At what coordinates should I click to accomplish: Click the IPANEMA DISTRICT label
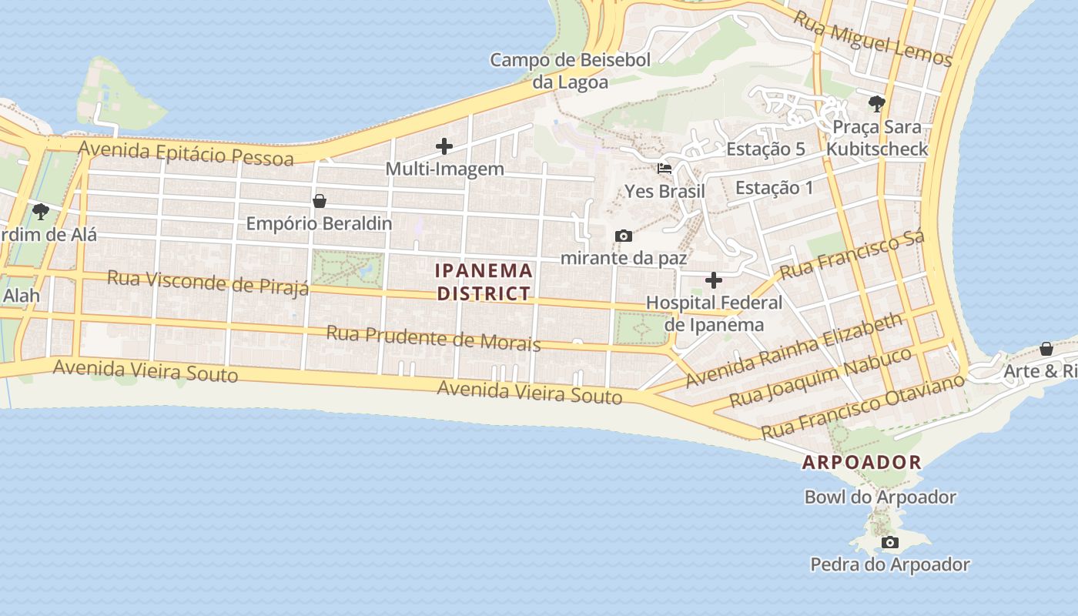point(484,282)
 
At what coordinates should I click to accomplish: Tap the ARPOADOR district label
point(862,462)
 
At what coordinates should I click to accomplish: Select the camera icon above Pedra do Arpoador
point(889,542)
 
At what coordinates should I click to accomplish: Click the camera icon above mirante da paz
point(624,236)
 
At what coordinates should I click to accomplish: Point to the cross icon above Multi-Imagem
point(444,146)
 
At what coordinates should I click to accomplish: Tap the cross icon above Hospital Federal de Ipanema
point(714,280)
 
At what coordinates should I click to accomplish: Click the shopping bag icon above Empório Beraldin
point(319,201)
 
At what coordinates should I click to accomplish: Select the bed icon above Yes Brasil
point(665,168)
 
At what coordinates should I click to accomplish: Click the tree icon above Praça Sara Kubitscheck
point(876,103)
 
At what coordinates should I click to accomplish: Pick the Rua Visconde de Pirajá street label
point(208,282)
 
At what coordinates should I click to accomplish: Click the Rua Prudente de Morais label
point(434,338)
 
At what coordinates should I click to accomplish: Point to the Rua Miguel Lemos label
point(872,38)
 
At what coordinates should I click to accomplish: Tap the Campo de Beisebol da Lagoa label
point(571,71)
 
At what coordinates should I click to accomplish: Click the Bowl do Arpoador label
point(880,497)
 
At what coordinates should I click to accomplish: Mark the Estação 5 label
point(765,149)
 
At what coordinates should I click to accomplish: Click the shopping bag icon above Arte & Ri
point(1046,349)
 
